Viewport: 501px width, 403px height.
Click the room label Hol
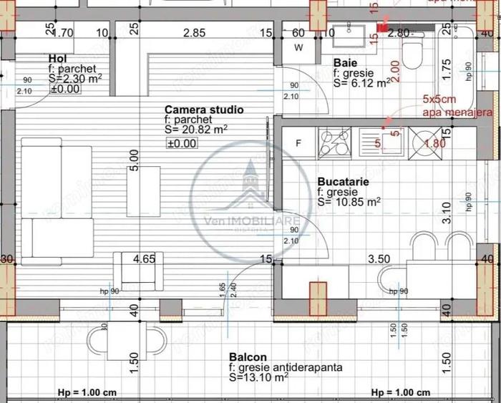pos(58,58)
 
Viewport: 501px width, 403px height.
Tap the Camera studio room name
pos(204,110)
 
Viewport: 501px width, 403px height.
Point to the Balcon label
pos(248,356)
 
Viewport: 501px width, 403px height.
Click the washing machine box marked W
pos(298,49)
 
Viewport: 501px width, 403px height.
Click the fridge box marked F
pos(298,142)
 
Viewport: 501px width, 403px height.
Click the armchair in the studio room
pos(135,271)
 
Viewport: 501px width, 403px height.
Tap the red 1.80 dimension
pos(435,143)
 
